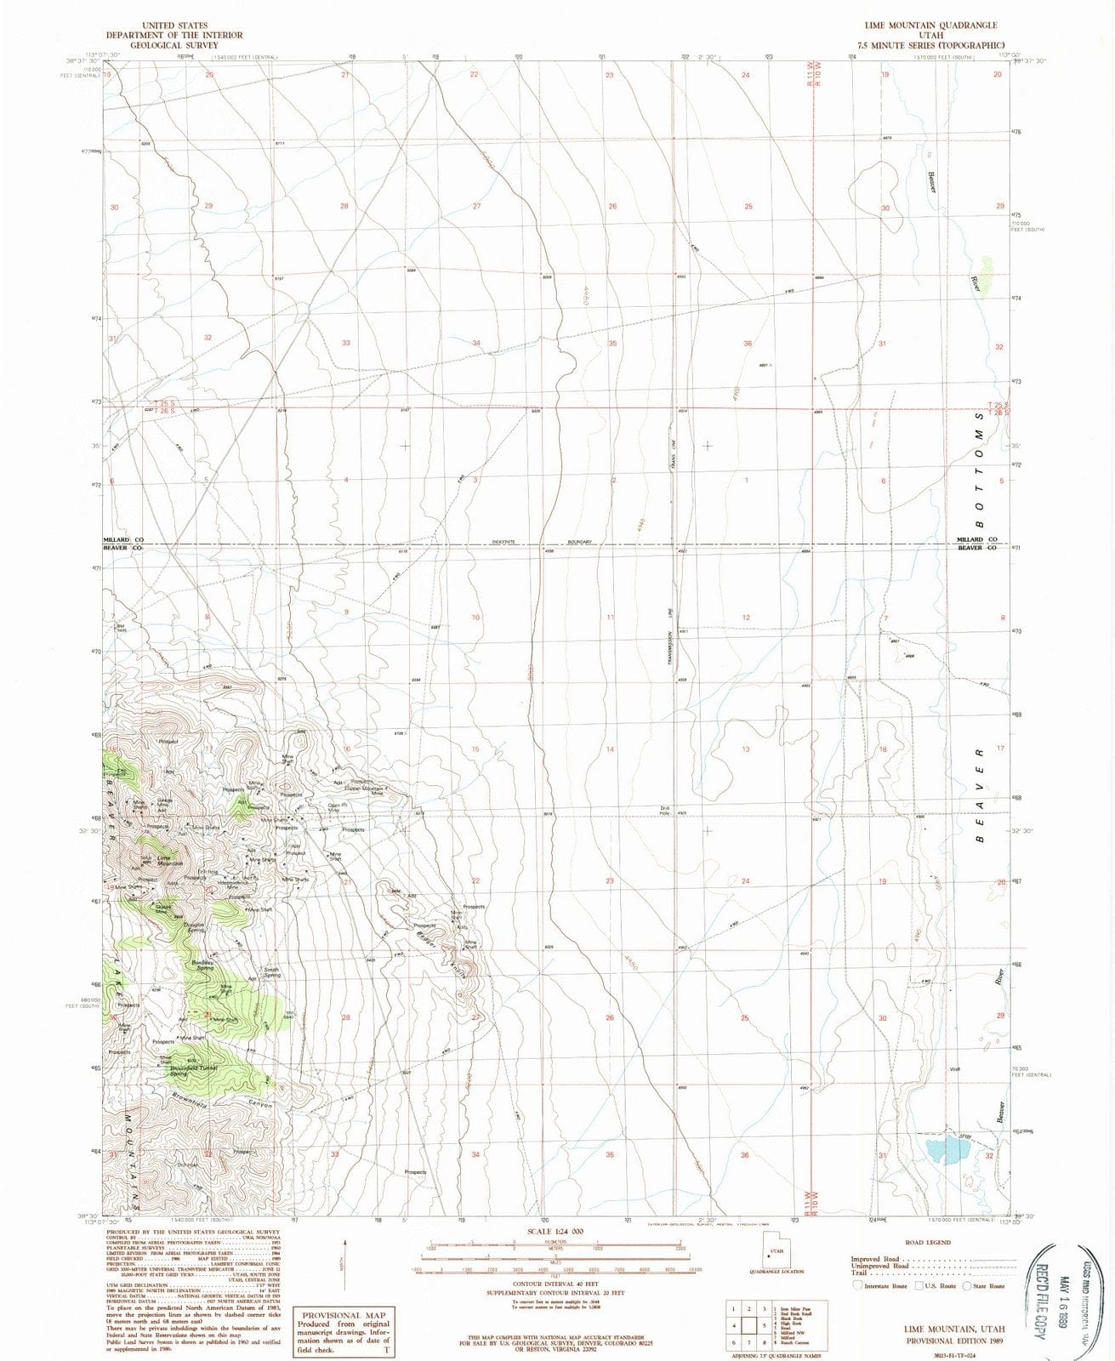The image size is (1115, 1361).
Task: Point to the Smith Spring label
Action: tap(271, 972)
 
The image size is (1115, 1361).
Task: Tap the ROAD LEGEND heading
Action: tap(927, 1243)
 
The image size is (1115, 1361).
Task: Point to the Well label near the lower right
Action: tap(955, 1069)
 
